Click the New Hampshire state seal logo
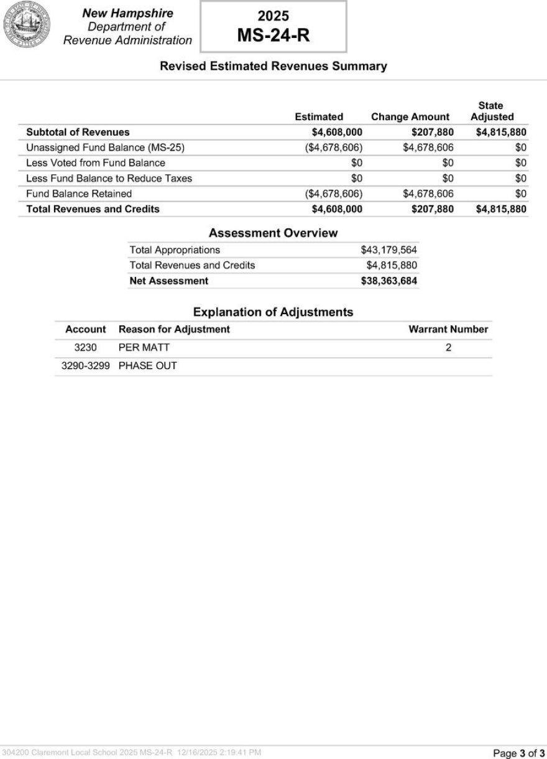tap(27, 26)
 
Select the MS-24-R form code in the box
tap(273, 36)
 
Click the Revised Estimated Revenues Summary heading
tap(273, 66)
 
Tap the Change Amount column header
tap(410, 117)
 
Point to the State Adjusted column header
tap(492, 111)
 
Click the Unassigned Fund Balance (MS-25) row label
tap(106, 147)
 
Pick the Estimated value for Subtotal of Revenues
tap(337, 132)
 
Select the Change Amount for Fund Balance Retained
tap(428, 193)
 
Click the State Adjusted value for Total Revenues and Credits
tap(501, 209)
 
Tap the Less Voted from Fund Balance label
tap(96, 163)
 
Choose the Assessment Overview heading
tap(273, 233)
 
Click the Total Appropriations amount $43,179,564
tap(388, 250)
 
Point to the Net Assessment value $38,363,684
tap(388, 281)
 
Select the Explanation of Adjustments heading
tap(273, 312)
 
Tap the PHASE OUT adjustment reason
tap(148, 366)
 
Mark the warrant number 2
tap(448, 348)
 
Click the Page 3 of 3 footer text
tap(518, 753)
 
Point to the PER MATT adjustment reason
tap(144, 348)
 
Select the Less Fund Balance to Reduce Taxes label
tap(109, 179)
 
